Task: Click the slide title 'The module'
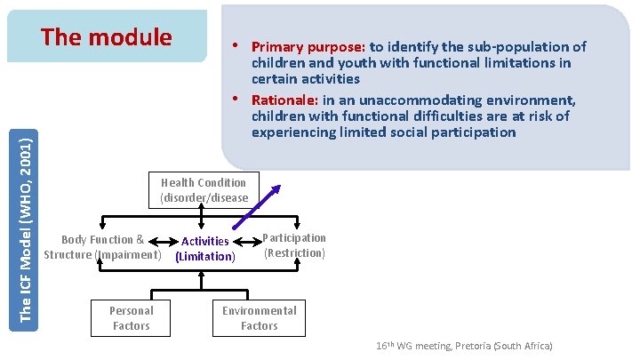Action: coord(107,37)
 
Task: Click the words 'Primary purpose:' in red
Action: coord(308,47)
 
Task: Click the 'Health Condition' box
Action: coord(204,189)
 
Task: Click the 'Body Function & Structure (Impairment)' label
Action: coord(102,247)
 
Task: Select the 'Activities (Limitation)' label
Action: coord(205,249)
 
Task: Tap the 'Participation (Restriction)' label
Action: coord(294,245)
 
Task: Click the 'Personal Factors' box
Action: coord(131,318)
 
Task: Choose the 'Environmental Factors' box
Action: coord(259,318)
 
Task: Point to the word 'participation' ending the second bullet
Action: coord(476,132)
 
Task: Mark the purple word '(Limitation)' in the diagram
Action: coord(205,257)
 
